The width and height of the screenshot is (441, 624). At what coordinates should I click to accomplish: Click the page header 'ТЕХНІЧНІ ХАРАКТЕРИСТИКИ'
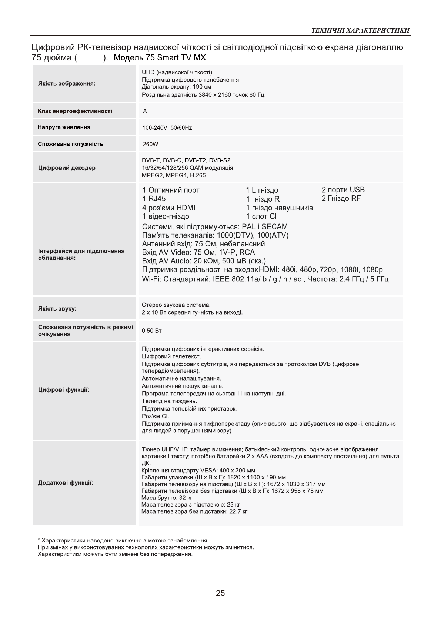[360, 30]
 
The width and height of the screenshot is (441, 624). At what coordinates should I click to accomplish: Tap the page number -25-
[220, 593]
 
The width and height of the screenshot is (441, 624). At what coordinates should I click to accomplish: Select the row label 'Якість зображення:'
[67, 84]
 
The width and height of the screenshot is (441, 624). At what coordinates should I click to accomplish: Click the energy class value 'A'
[145, 111]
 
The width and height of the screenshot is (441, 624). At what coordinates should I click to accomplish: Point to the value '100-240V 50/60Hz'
[167, 128]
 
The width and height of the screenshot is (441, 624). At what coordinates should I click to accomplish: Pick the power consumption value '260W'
[150, 144]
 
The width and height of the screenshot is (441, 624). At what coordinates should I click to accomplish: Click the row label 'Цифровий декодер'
[67, 168]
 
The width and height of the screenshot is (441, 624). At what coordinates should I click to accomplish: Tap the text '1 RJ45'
[154, 199]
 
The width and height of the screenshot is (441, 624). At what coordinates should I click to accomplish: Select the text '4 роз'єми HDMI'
[168, 208]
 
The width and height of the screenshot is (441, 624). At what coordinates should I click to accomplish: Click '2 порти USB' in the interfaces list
[343, 190]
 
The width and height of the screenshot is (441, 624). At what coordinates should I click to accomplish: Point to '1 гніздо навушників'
[279, 208]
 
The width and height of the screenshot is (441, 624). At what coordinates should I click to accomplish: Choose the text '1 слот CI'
[261, 216]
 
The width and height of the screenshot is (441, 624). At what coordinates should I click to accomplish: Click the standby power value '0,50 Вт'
[151, 331]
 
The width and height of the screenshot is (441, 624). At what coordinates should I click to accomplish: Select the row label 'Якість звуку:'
[57, 309]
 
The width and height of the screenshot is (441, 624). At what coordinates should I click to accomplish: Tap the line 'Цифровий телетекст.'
[171, 356]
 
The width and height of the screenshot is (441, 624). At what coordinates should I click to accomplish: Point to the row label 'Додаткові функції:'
[66, 483]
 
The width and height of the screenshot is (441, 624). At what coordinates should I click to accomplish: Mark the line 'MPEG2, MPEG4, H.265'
[174, 175]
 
